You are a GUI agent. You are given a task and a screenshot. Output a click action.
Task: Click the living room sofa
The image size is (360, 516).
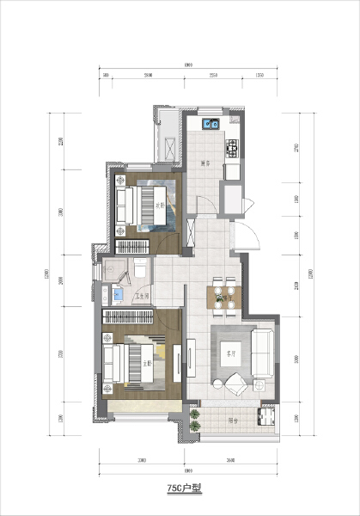click(x=264, y=353)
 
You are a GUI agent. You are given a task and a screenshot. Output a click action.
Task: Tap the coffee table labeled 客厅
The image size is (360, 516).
click(x=231, y=353)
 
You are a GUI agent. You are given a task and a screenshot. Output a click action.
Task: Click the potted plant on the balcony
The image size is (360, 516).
click(x=195, y=421)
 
